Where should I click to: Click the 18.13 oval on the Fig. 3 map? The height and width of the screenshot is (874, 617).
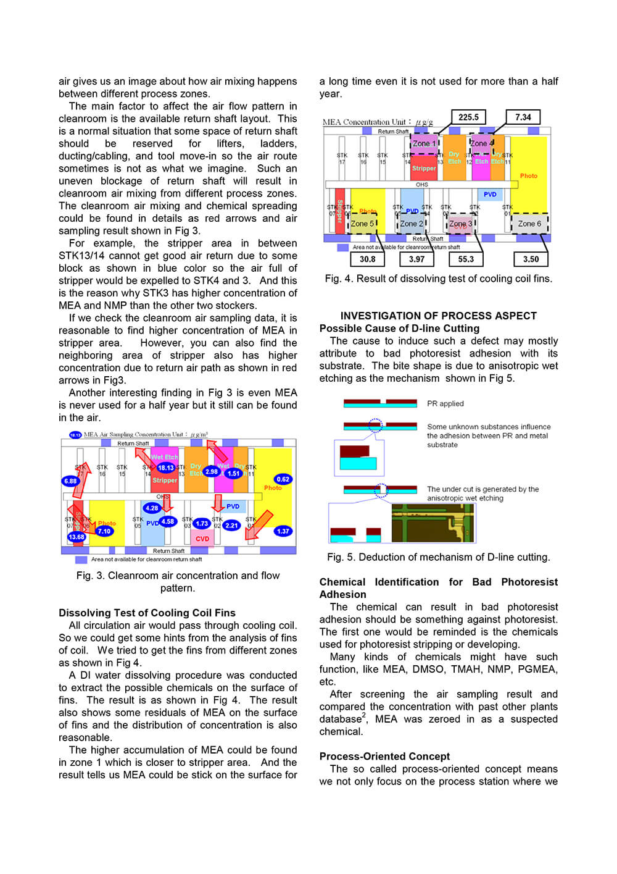165,468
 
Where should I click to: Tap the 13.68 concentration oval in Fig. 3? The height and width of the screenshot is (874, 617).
77,537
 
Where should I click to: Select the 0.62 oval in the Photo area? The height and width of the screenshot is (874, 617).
283,479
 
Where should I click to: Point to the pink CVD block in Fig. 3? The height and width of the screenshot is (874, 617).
202,538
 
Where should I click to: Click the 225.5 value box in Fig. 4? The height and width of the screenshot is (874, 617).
468,117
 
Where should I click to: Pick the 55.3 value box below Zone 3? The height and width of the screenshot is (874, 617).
466,259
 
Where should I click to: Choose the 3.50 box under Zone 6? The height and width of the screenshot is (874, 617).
531,259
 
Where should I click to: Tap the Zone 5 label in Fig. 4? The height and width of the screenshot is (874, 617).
363,224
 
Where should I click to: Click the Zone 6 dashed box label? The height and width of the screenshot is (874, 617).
529,224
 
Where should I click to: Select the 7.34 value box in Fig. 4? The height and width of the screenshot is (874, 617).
523,117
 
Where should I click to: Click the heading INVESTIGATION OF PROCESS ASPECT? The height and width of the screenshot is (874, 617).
438,316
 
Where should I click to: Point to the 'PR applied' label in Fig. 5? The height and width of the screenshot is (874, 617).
445,403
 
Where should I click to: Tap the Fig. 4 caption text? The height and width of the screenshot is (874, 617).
438,279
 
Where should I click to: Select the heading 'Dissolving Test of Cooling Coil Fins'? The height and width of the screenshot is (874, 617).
147,613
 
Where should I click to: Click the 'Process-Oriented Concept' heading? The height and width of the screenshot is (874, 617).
384,756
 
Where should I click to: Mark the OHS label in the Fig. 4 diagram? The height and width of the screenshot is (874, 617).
421,184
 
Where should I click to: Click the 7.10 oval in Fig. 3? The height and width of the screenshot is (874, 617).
104,531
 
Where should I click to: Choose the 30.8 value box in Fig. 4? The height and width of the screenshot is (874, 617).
367,259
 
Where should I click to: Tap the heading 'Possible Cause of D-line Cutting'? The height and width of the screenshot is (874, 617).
399,328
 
